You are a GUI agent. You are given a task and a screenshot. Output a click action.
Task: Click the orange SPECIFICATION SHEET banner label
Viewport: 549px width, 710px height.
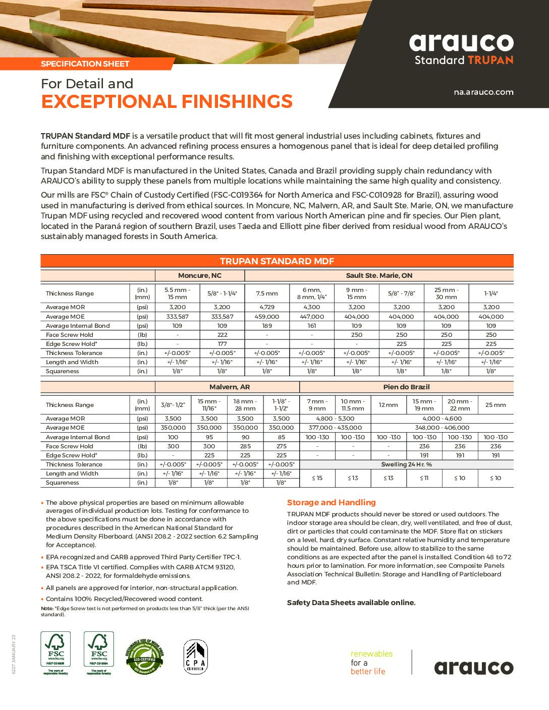(x=85, y=64)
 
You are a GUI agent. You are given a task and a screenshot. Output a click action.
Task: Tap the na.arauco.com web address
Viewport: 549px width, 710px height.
(x=483, y=92)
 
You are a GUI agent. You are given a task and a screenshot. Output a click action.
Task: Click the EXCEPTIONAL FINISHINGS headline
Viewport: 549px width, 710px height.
(x=167, y=101)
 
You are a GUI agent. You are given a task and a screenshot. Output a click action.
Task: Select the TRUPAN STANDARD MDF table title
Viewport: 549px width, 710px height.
(x=277, y=261)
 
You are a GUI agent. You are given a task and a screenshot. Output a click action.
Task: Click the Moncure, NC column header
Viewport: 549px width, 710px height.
(x=200, y=275)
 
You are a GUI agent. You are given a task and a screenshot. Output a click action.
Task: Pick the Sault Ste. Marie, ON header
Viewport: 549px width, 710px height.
(x=379, y=275)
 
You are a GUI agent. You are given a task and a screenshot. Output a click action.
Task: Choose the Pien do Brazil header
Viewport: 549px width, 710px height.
(x=406, y=387)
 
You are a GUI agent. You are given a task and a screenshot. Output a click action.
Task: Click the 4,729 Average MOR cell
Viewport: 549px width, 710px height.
(x=267, y=307)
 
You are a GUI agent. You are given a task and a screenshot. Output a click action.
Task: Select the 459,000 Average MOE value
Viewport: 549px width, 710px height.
(x=267, y=317)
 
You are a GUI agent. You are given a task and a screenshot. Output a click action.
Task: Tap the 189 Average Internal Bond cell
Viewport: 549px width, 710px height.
(x=267, y=326)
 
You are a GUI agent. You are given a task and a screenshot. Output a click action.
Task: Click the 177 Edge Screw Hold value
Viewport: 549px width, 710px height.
(x=222, y=344)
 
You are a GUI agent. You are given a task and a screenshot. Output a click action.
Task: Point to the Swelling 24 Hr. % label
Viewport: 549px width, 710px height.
(x=406, y=464)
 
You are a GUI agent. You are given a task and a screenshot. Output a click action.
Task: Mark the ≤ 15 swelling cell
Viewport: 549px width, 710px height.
(x=317, y=478)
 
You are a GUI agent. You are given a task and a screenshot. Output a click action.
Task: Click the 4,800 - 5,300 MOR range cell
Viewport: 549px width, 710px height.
(x=335, y=419)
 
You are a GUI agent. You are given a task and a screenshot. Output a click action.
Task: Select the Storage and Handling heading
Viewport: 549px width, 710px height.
(x=332, y=502)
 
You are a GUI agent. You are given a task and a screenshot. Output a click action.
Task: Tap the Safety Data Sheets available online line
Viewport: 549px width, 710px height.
(x=351, y=603)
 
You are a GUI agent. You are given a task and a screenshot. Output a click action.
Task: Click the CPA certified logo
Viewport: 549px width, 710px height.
(x=195, y=657)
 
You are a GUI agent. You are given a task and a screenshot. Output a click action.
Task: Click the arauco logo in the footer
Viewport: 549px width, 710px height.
(x=474, y=668)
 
